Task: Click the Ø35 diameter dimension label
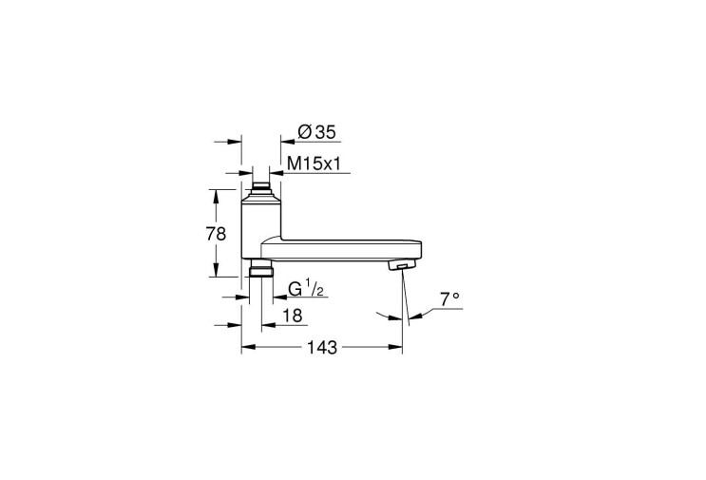click(316, 132)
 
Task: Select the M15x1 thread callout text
click(313, 163)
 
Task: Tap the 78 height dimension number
click(216, 234)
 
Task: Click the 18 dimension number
click(293, 316)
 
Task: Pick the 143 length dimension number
click(322, 347)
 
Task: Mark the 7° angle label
click(449, 299)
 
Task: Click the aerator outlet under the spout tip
click(399, 265)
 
